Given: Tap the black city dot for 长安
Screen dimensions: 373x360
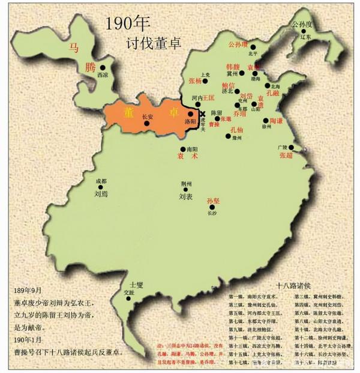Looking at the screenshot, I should (147, 123).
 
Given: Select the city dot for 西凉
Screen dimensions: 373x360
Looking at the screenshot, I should (103, 68).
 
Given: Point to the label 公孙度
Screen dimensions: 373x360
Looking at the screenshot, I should (302, 25).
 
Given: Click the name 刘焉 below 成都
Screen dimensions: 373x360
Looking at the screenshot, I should (101, 194).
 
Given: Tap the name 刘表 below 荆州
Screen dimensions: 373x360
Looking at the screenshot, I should (185, 196).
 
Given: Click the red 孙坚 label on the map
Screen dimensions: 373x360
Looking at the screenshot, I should (214, 201).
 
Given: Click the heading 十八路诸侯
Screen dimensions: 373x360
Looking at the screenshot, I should (291, 286).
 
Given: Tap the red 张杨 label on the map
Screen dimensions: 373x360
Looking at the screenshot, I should (196, 80).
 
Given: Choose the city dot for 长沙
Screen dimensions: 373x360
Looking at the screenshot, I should (211, 207).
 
